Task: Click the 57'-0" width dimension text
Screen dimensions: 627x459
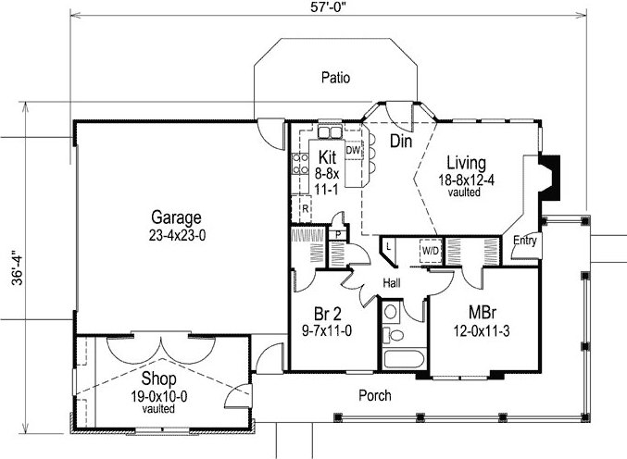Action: point(328,8)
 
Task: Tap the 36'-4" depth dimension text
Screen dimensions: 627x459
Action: point(18,268)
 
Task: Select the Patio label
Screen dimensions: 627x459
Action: point(335,78)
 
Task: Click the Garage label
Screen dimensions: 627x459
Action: point(176,218)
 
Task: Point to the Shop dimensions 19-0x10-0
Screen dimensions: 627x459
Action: point(158,397)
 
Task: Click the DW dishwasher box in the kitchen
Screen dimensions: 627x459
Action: point(353,150)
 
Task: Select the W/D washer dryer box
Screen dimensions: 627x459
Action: point(431,251)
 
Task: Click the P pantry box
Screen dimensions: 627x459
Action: point(338,234)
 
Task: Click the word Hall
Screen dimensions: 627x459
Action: point(392,283)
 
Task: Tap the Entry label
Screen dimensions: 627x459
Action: point(524,241)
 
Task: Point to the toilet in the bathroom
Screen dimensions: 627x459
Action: point(394,334)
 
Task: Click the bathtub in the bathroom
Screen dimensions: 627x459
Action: point(404,359)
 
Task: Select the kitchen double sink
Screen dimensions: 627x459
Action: point(330,131)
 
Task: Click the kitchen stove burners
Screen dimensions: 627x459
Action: point(300,164)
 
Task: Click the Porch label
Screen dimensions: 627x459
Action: point(375,395)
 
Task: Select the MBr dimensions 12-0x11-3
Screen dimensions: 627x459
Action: point(482,331)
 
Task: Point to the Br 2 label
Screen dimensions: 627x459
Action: point(328,314)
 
